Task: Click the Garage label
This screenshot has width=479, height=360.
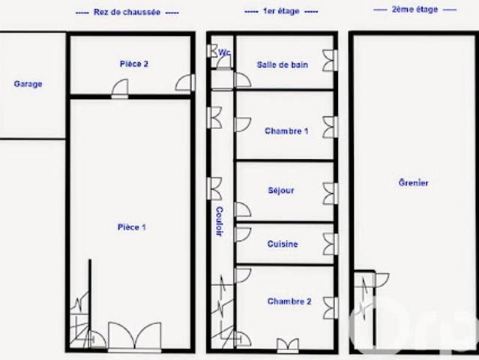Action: click(28, 84)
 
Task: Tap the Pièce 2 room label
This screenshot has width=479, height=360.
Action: click(133, 64)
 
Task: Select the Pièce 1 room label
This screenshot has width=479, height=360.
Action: click(132, 227)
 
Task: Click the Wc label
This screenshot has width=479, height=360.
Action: click(225, 52)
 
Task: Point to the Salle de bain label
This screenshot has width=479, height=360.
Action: click(283, 64)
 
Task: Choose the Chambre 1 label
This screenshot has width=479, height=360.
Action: click(286, 131)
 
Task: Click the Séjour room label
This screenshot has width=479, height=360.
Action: click(281, 190)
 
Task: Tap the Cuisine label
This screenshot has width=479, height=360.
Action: click(283, 244)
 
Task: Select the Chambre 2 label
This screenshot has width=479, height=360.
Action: click(289, 301)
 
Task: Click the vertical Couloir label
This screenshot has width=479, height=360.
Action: click(220, 221)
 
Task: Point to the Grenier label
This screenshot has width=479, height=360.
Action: click(413, 183)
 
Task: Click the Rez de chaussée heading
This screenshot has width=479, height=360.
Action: click(127, 12)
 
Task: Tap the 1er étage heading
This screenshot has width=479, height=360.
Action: click(281, 11)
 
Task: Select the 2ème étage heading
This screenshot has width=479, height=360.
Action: click(415, 10)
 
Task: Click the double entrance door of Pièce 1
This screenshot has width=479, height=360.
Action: click(135, 335)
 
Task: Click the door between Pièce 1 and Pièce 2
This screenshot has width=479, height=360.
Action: click(120, 88)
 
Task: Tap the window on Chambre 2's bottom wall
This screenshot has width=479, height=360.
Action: click(288, 345)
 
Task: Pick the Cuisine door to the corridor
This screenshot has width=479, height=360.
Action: click(243, 235)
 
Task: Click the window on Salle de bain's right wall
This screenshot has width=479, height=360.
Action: click(331, 61)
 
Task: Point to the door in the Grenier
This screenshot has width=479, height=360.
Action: click(382, 280)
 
